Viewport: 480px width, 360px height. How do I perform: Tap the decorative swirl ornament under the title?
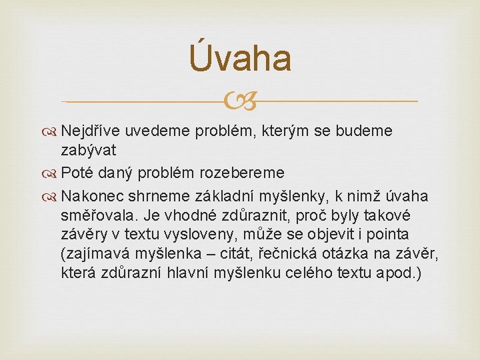pyautogui.click(x=239, y=102)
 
